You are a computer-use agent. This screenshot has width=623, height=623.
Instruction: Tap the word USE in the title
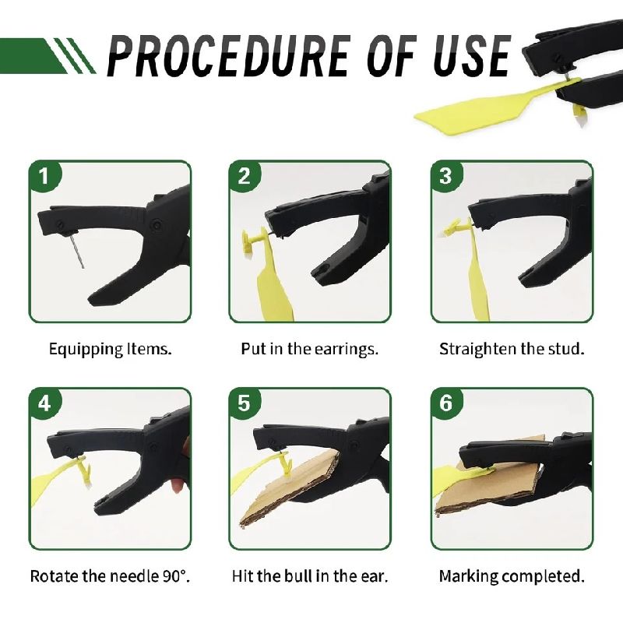point(472,55)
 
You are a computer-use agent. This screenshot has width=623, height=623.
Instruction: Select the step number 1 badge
point(44,176)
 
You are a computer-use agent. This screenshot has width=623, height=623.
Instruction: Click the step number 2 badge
point(245,176)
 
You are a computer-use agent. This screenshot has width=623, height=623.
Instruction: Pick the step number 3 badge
point(445,176)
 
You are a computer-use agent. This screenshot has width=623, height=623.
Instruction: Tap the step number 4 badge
point(44,403)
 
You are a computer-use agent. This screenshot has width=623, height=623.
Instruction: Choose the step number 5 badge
point(245,403)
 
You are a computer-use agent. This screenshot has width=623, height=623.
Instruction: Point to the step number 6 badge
point(445,403)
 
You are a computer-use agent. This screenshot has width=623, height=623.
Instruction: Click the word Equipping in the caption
point(86,350)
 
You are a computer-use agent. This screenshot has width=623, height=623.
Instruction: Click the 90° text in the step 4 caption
point(176,575)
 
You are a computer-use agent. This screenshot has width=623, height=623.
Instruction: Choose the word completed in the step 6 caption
point(542,576)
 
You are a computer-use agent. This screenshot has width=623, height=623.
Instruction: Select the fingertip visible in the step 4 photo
point(178,485)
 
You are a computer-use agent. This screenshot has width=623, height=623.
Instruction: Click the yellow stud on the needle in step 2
point(255,241)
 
